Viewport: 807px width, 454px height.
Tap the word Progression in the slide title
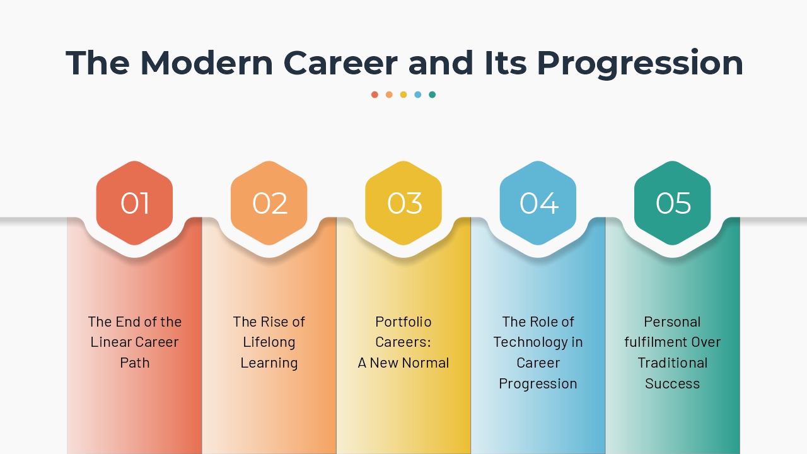[640, 63]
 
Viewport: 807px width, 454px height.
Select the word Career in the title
[340, 63]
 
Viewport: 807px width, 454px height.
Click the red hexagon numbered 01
[134, 203]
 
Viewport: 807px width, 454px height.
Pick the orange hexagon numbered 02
[269, 203]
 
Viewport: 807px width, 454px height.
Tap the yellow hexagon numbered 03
[403, 203]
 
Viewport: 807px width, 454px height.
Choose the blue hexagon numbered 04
[538, 203]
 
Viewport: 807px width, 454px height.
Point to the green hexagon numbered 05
[673, 203]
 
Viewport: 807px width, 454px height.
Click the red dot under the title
[374, 95]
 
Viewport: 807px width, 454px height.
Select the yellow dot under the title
[403, 95]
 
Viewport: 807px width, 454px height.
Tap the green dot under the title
[433, 95]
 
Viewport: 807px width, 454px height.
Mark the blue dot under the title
[418, 95]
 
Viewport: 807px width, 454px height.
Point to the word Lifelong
[269, 342]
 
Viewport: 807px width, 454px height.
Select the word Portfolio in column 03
[403, 322]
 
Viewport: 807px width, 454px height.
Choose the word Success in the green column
[673, 383]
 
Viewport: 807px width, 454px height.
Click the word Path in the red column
[134, 363]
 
